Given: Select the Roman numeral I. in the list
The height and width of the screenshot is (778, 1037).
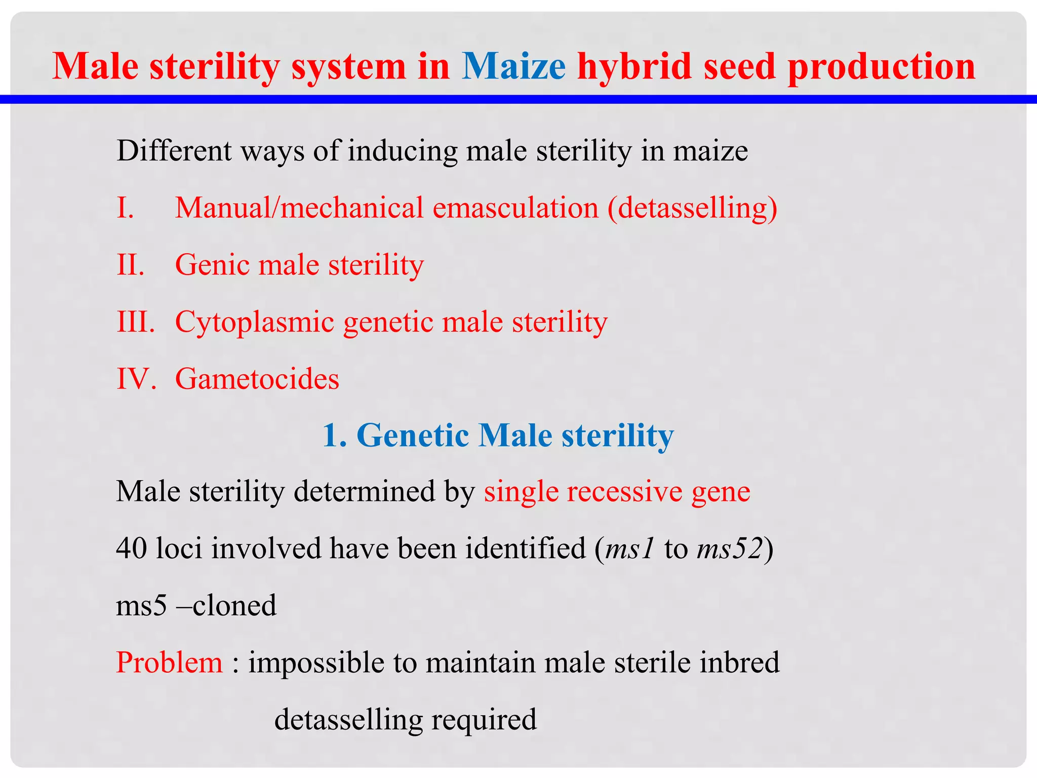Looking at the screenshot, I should point(125,208).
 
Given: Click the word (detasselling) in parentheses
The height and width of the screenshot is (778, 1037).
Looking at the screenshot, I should point(692,208).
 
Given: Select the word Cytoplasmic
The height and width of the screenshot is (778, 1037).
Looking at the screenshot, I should point(254,322).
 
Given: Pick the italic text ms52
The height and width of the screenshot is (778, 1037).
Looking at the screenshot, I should point(730,549).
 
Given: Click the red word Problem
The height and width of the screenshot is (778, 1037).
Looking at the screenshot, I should point(169,663).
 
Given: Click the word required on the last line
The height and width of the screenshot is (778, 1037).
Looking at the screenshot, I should point(484,720).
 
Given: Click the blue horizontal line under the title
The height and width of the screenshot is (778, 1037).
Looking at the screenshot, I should point(518,99).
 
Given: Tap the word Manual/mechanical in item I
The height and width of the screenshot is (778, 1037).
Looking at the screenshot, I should point(299,208).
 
